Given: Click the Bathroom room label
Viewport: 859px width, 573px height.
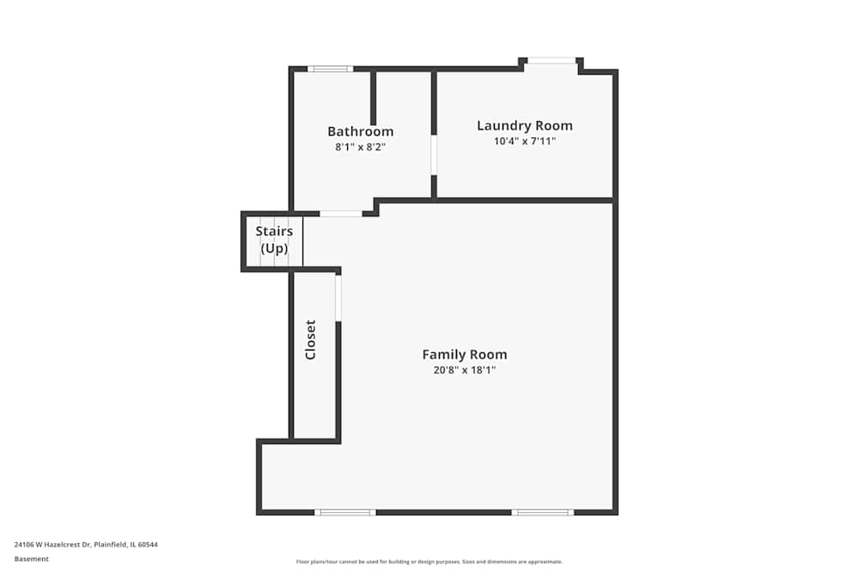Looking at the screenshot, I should (x=361, y=131).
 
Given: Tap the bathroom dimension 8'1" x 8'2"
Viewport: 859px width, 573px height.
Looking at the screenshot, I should (x=361, y=147).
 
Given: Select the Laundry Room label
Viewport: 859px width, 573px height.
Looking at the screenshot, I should (x=525, y=125).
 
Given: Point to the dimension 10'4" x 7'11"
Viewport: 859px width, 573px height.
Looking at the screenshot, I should (x=525, y=142).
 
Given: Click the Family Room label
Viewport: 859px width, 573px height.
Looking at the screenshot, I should (x=465, y=354).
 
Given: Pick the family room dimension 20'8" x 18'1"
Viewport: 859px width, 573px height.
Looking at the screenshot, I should (x=465, y=370).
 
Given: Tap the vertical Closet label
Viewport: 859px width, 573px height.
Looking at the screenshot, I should (x=311, y=340).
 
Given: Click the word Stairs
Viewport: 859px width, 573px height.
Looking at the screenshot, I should (x=275, y=231).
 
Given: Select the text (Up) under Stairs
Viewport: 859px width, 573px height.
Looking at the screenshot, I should (x=275, y=249).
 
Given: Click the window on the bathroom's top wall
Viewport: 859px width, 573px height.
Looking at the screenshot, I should (x=331, y=69).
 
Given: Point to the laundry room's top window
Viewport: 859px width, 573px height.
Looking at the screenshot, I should (x=551, y=60).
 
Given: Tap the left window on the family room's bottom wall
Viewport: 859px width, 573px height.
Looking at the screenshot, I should (x=345, y=513).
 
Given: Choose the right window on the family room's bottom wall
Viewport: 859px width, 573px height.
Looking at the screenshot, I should (x=543, y=513).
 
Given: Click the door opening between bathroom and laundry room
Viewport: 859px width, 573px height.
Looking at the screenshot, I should (x=434, y=155).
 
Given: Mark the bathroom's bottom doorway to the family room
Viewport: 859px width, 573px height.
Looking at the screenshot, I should (x=341, y=213).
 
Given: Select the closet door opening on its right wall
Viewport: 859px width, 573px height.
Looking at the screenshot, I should (x=338, y=298).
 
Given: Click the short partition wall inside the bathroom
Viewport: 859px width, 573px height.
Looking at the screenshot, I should (x=373, y=99).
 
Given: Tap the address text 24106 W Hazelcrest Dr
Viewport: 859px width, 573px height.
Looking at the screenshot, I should (x=86, y=544).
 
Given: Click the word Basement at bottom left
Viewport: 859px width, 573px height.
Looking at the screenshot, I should (x=32, y=559).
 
